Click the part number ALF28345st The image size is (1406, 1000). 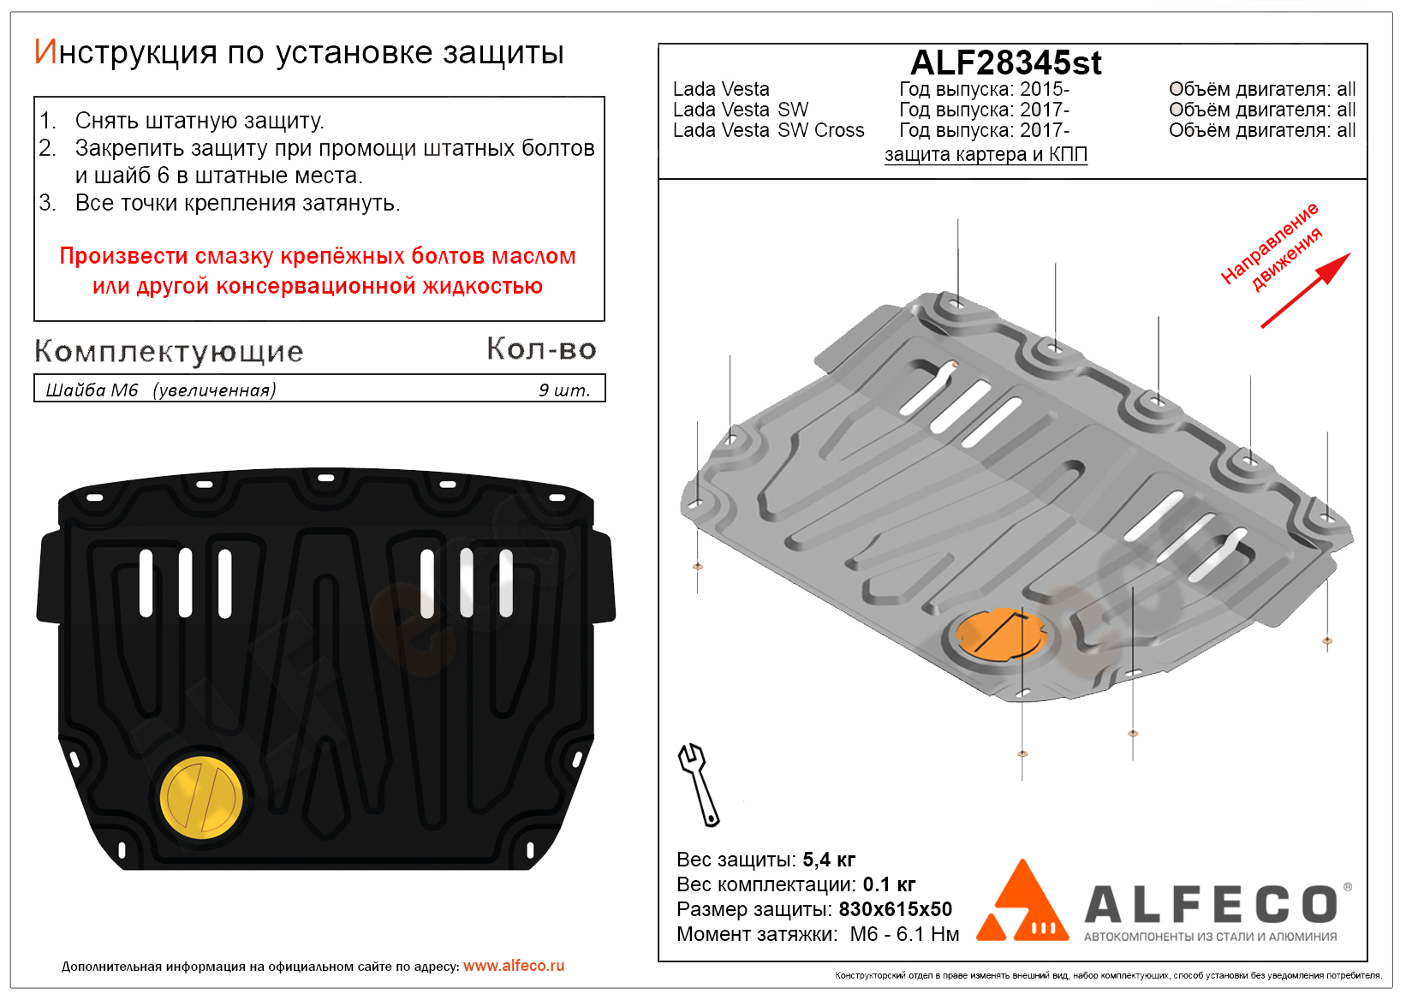(x=1005, y=63)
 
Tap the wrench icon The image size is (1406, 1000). (x=699, y=784)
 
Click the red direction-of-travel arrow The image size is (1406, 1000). (x=1306, y=290)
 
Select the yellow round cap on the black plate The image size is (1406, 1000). (x=202, y=797)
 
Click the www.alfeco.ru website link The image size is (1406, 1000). (x=514, y=966)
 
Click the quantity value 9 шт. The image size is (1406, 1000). (x=564, y=390)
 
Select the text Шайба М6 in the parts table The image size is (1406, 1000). (x=92, y=390)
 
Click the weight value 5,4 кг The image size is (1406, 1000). (x=829, y=860)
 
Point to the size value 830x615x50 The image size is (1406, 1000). (x=895, y=909)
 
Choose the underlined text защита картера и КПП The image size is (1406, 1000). (x=986, y=155)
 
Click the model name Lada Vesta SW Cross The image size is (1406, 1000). (x=768, y=131)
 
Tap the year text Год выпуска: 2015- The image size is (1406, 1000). (x=984, y=90)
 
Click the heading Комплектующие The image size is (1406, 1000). (x=169, y=351)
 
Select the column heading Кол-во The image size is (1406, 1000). (x=541, y=348)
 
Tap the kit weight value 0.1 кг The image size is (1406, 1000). (x=889, y=884)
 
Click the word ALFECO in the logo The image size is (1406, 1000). (x=1211, y=905)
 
